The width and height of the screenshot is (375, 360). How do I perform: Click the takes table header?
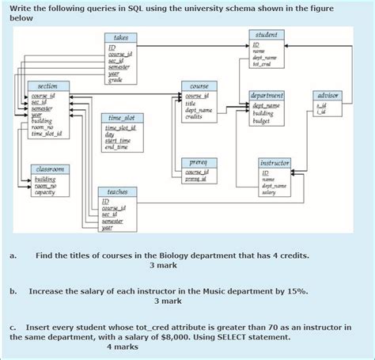(121, 37)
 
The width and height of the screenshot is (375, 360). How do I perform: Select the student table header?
(266, 35)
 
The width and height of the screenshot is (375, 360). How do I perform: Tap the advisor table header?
(327, 95)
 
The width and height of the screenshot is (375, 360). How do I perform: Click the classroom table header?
(49, 169)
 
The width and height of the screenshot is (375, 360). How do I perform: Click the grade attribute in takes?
(116, 80)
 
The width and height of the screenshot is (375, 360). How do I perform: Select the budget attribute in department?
(263, 121)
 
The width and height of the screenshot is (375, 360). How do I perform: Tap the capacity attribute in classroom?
(45, 191)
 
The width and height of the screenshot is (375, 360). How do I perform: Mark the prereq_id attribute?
(198, 179)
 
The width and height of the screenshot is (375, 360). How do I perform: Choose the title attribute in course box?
(191, 104)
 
